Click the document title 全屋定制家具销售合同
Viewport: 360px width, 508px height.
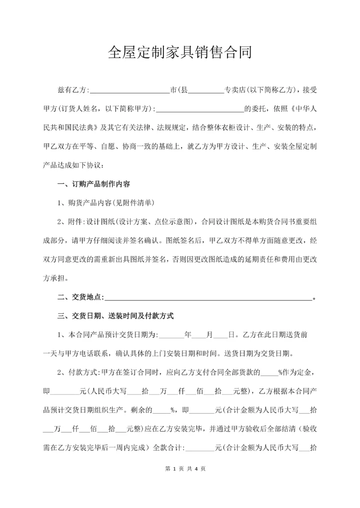click(179, 52)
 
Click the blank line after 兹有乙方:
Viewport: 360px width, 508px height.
click(129, 91)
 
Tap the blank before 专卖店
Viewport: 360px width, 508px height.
click(205, 91)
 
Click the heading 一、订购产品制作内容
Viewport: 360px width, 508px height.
click(94, 184)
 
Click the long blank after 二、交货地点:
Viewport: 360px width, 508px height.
click(208, 298)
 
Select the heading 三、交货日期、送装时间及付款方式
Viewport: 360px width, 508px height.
click(115, 316)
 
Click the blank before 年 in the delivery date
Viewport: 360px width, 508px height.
click(171, 335)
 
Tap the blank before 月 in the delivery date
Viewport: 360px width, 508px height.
click(199, 335)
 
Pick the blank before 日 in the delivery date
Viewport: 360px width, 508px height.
click(220, 335)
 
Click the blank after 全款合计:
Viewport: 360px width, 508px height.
click(200, 448)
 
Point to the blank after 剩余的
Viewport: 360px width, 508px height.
click(161, 410)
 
